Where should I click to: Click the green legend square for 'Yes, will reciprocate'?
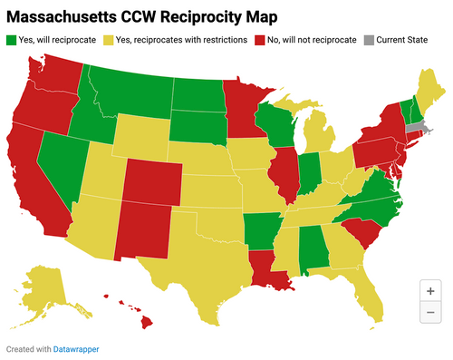[x=11, y=40]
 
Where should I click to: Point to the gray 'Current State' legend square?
[x=368, y=40]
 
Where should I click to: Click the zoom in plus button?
[x=429, y=291]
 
